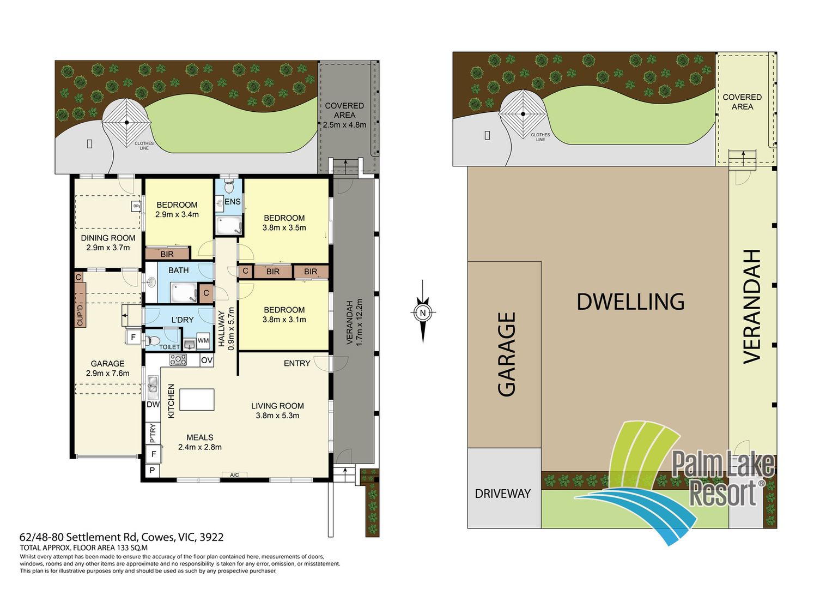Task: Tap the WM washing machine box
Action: coord(203,341)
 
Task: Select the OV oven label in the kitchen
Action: coord(207,360)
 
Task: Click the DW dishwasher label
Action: coord(153,405)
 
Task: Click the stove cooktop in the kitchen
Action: coord(178,359)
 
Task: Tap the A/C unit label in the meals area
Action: coord(234,475)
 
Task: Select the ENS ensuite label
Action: coord(233,202)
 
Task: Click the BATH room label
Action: coord(178,271)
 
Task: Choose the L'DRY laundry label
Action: coord(183,320)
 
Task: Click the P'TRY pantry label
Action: coord(153,434)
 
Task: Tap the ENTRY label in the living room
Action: coord(297,363)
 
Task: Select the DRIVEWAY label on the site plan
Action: coord(503,494)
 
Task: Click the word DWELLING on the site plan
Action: coord(630,301)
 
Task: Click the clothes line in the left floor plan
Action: coord(126,122)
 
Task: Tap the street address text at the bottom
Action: coord(122,537)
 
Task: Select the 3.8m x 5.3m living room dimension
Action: coord(277,416)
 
